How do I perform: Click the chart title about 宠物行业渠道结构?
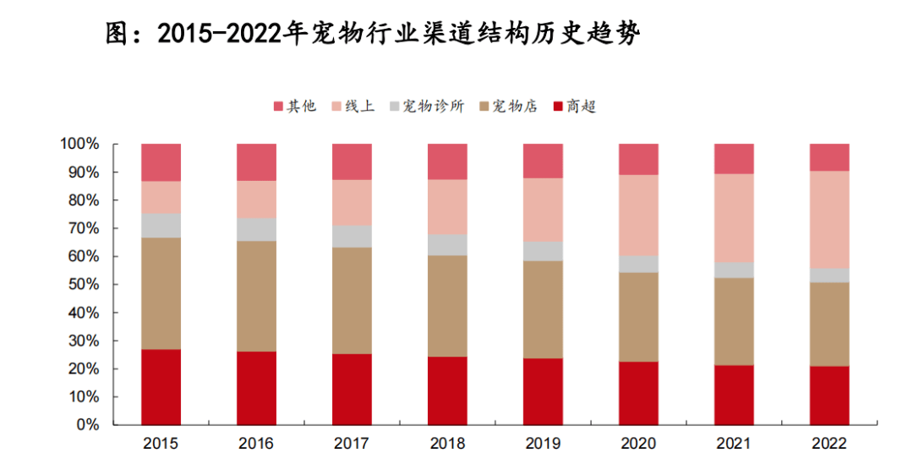click(372, 35)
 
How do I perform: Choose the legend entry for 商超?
click(575, 106)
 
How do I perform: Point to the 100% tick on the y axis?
click(79, 145)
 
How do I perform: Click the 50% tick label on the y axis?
click(83, 285)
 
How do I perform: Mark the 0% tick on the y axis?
click(88, 425)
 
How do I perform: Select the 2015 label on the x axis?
click(161, 444)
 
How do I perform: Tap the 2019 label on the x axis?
click(543, 444)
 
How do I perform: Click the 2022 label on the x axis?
click(829, 444)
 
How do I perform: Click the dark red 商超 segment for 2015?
click(161, 387)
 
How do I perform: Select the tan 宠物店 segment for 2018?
click(447, 306)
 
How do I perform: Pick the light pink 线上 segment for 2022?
click(829, 220)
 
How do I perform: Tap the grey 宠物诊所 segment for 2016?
click(256, 230)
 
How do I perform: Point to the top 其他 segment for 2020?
click(638, 159)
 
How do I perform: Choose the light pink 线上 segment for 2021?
click(734, 218)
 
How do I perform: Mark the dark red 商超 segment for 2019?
click(543, 391)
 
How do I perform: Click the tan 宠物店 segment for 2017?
click(352, 300)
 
